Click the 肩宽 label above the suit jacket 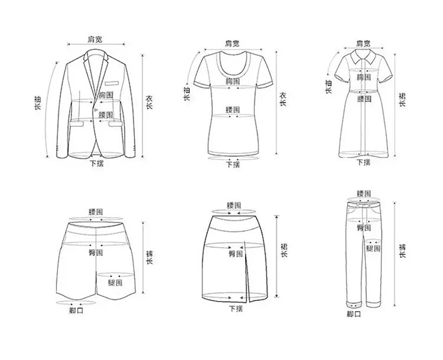pyautogui.click(x=95, y=39)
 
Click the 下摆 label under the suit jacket pyautogui.click(x=97, y=163)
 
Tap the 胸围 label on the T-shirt pyautogui.click(x=232, y=80)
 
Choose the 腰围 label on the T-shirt pyautogui.click(x=232, y=110)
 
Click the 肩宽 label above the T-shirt pyautogui.click(x=232, y=43)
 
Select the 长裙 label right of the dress pyautogui.click(x=403, y=99)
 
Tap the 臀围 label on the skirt pyautogui.click(x=235, y=254)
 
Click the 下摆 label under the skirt pyautogui.click(x=235, y=309)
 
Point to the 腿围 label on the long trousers pyautogui.click(x=373, y=248)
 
